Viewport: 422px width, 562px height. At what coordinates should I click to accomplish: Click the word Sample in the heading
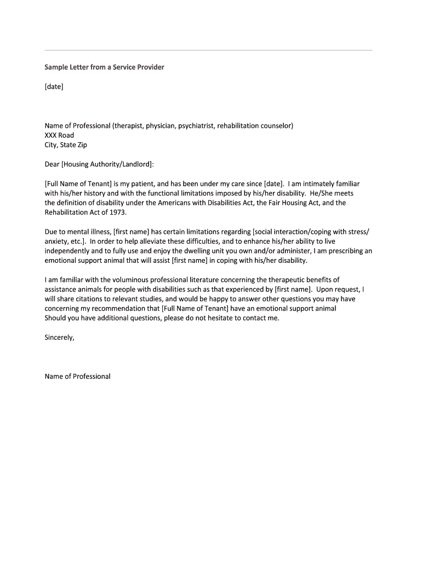(x=56, y=67)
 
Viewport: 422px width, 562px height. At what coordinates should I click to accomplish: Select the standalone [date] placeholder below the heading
(x=54, y=86)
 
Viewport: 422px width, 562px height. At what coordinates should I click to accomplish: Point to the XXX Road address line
(x=59, y=135)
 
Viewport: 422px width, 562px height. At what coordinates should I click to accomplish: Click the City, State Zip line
(x=66, y=145)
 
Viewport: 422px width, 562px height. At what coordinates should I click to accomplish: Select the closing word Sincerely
(x=59, y=338)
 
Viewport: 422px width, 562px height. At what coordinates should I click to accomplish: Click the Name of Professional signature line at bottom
(x=77, y=376)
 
